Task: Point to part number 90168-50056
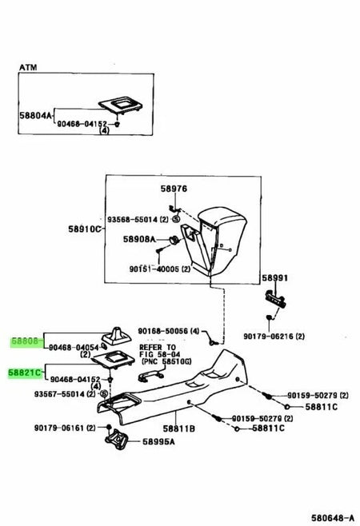point(166,329)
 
